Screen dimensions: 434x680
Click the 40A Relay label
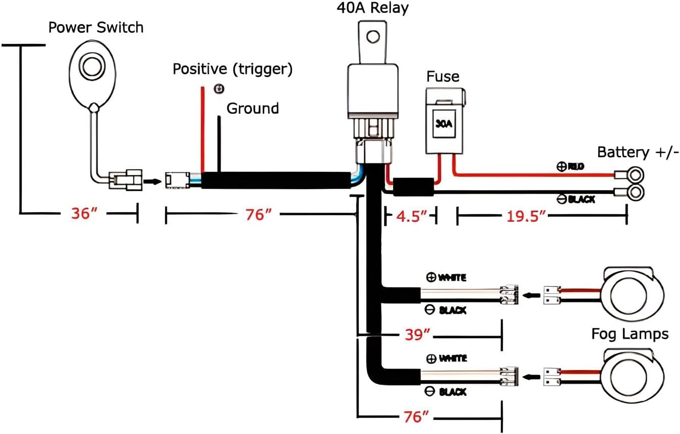[x=372, y=8]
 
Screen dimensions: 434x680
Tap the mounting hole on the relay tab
[x=373, y=36]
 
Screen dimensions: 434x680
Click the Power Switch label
[x=95, y=27]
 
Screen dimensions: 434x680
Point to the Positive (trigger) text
[x=233, y=69]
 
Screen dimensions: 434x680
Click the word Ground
[x=252, y=108]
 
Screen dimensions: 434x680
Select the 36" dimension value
[x=84, y=214]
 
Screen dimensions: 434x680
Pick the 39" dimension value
[x=418, y=334]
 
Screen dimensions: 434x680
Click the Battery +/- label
[x=638, y=152]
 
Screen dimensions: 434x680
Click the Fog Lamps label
[x=630, y=334]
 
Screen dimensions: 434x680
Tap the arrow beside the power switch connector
[x=151, y=179]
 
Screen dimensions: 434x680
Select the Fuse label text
[x=442, y=77]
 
